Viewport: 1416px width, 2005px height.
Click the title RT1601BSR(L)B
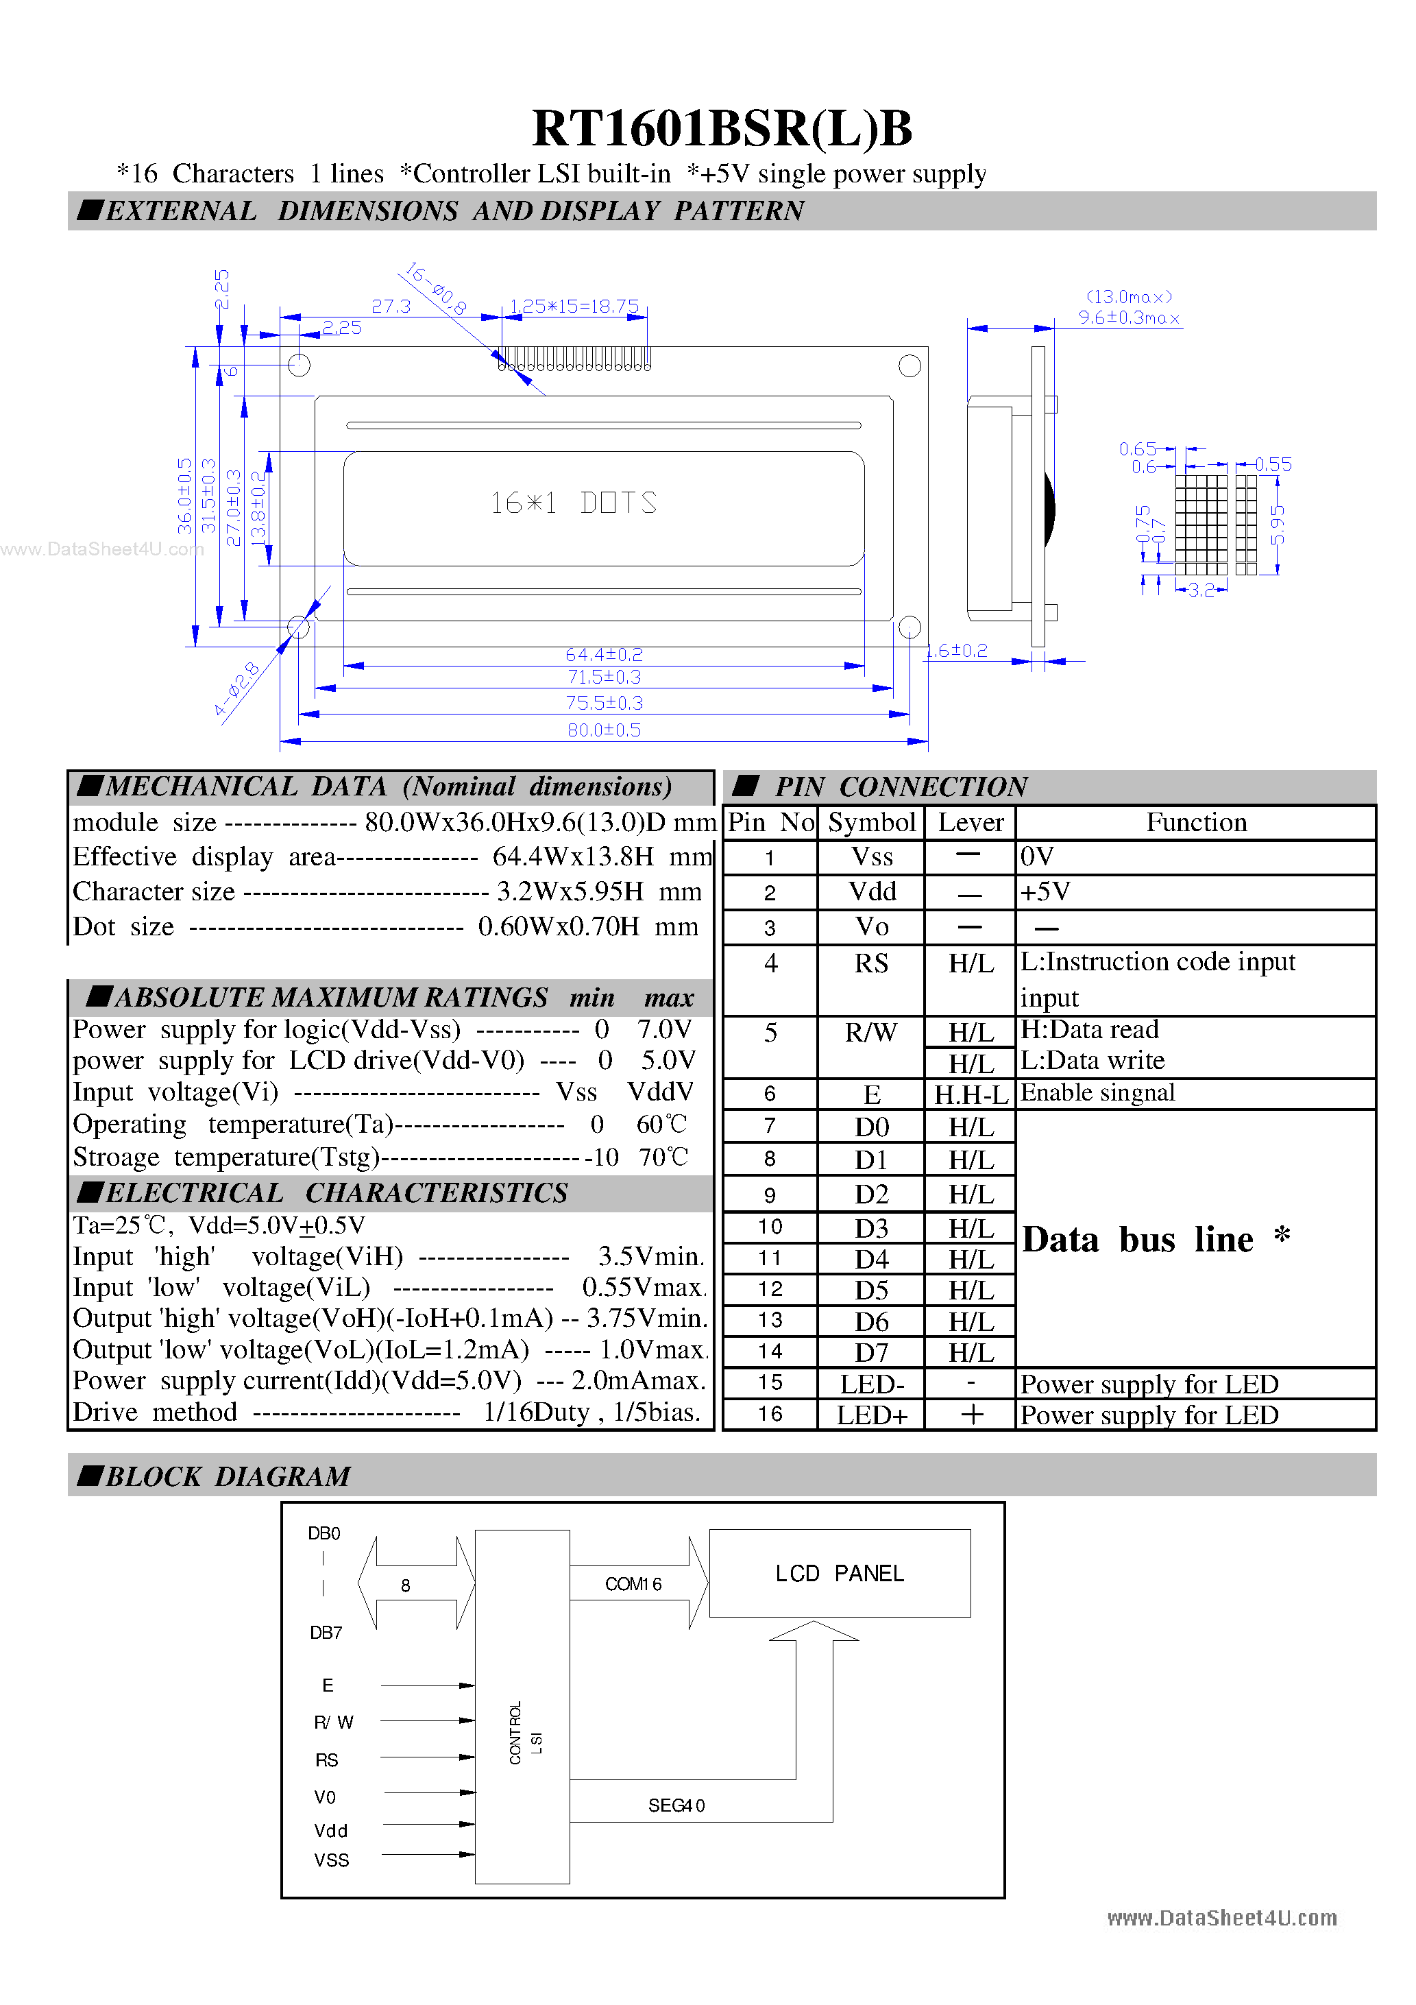point(722,128)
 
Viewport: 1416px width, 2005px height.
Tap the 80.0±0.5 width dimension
point(603,730)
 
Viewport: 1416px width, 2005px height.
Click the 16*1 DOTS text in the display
point(573,503)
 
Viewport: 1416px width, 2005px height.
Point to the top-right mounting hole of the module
point(909,366)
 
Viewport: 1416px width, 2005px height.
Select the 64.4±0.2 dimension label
point(603,654)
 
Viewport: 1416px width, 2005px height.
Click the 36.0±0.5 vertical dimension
point(184,496)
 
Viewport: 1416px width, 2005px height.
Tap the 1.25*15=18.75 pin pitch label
point(574,307)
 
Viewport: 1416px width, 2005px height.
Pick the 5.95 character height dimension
point(1277,525)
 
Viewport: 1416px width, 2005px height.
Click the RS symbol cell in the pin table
point(870,963)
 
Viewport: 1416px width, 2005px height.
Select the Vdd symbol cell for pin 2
point(872,891)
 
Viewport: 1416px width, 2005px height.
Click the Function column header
point(1195,823)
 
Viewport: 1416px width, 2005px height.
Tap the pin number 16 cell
point(770,1414)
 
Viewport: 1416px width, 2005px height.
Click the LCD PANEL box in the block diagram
point(839,1573)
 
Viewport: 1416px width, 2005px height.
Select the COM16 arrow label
point(633,1584)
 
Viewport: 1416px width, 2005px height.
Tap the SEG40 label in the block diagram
point(676,1805)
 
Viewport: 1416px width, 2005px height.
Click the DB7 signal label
point(326,1633)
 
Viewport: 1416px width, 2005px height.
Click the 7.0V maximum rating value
point(663,1029)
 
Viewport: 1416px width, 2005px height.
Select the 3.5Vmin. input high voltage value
point(650,1257)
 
